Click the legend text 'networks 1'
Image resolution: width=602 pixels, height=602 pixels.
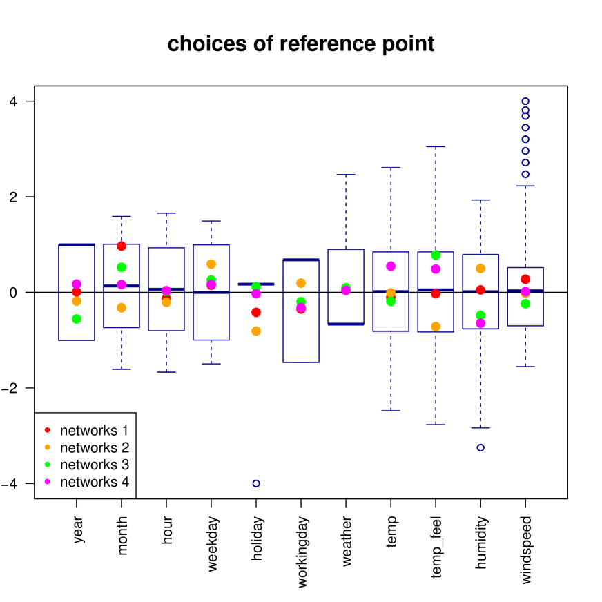(94, 431)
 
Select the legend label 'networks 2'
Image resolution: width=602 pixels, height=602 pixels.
(94, 448)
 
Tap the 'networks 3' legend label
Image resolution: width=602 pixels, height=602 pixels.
(94, 465)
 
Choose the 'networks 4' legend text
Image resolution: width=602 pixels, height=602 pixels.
(94, 483)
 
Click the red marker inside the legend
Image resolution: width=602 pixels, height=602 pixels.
(48, 430)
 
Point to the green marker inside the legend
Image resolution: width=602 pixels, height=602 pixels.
(48, 465)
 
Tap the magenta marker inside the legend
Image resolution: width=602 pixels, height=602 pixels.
(48, 482)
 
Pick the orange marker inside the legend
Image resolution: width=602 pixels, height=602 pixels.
(48, 447)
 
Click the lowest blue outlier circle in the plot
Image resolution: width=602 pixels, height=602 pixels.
(256, 483)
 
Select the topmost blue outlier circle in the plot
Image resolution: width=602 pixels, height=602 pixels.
(525, 101)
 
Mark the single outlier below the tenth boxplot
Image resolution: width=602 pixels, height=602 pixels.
(480, 447)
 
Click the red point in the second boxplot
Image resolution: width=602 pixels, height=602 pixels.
(122, 246)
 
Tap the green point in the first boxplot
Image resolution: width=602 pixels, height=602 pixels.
(77, 319)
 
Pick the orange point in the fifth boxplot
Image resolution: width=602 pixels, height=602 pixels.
(256, 331)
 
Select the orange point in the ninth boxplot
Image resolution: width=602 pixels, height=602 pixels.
(436, 327)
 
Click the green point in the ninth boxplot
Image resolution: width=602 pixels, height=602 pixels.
(436, 255)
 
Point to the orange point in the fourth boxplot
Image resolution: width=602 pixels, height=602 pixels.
(211, 264)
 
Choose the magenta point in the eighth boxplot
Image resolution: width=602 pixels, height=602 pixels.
(391, 266)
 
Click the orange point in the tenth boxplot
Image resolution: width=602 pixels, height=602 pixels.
(480, 269)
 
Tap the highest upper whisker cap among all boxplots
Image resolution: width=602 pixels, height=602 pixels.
(436, 147)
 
